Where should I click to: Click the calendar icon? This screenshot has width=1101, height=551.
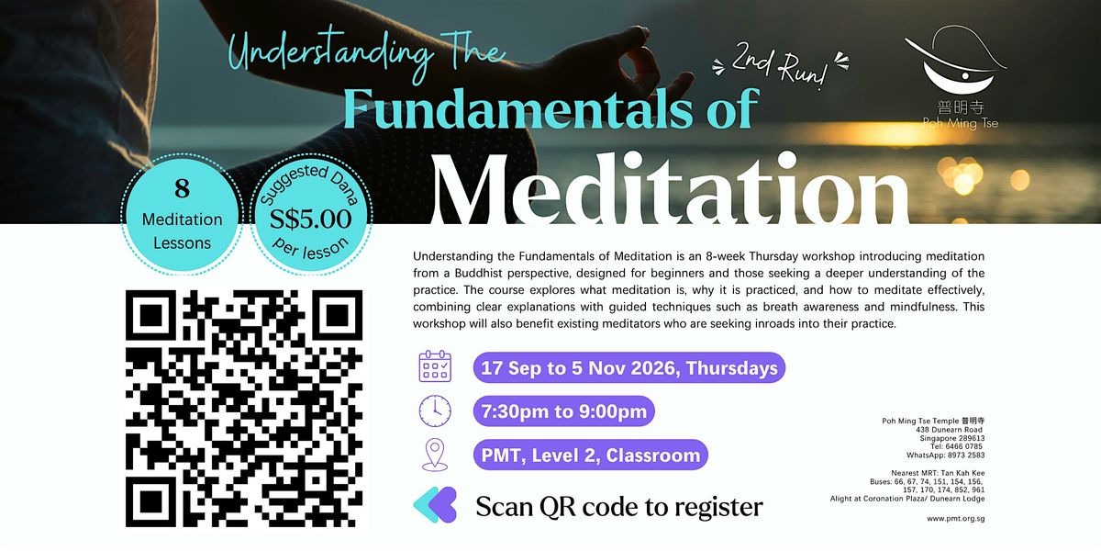(435, 366)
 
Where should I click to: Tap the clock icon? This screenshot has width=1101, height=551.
(435, 410)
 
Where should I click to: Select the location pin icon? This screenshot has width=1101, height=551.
(435, 455)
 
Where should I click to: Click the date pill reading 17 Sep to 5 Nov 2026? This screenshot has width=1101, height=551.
(629, 367)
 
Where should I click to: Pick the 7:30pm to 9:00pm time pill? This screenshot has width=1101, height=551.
(563, 410)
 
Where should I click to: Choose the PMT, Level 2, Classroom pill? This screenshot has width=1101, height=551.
(590, 455)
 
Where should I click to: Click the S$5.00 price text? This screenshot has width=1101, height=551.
(311, 219)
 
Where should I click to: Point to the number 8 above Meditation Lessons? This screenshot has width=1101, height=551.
(182, 188)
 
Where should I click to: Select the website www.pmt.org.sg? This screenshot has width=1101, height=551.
(955, 519)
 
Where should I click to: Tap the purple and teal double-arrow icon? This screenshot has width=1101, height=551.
(435, 505)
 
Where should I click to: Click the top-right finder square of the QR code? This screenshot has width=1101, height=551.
(338, 315)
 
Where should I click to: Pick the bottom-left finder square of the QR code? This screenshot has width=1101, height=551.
(150, 502)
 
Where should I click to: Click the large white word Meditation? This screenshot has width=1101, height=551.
(670, 189)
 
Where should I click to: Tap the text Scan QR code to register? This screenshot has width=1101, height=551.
(619, 507)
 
